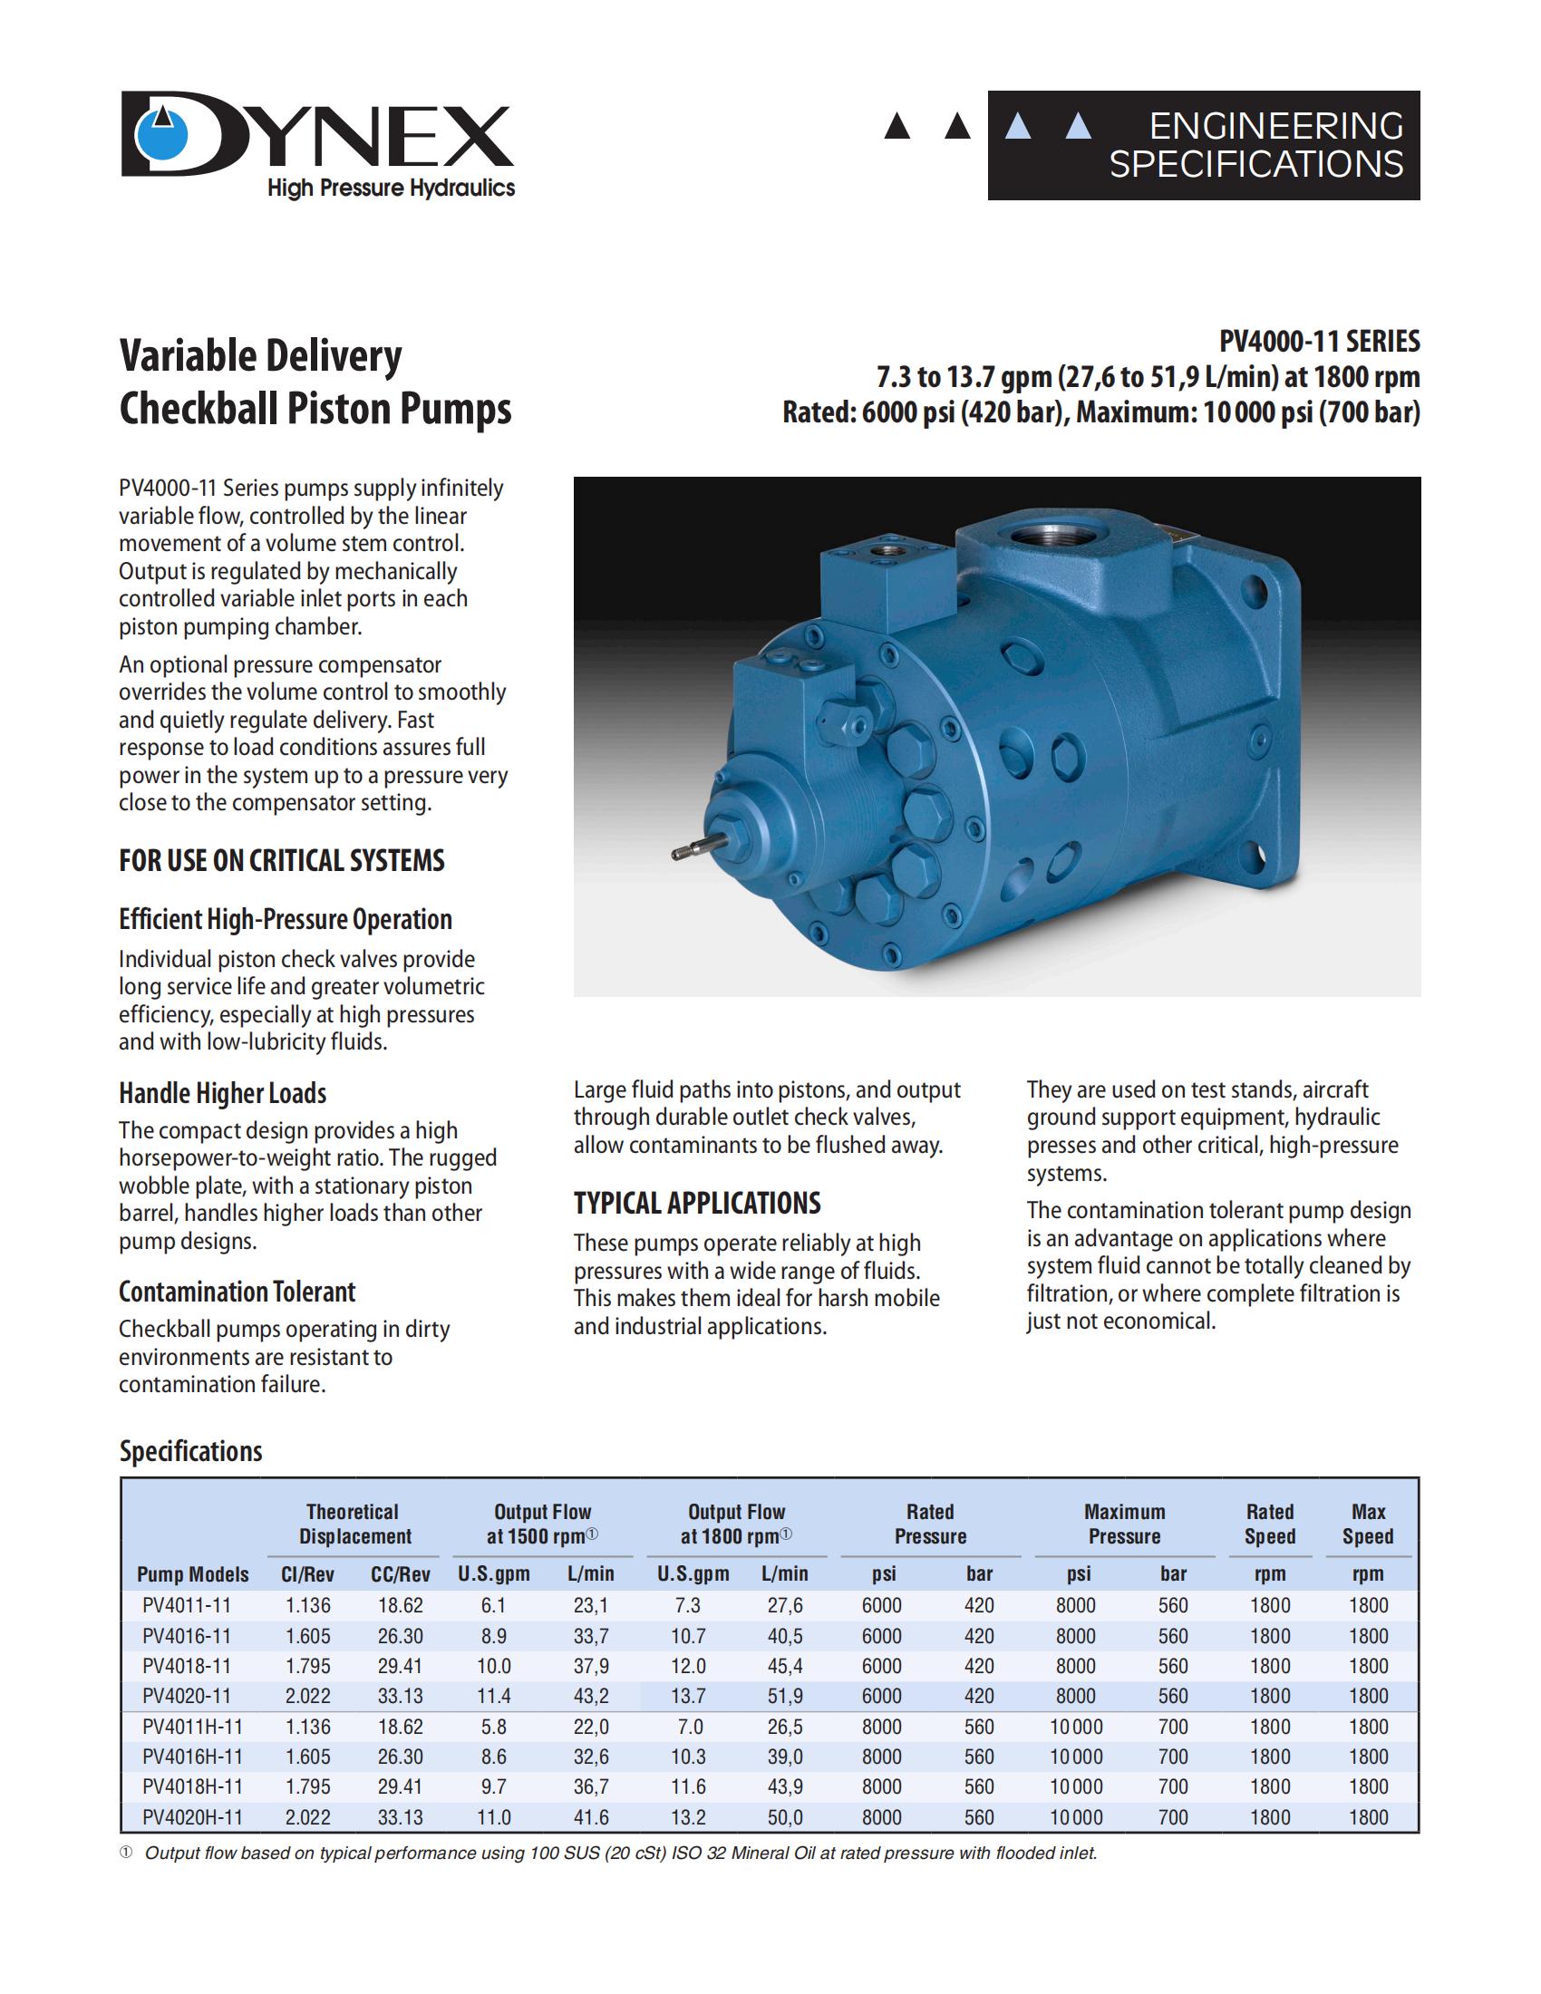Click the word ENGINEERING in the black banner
(1275, 126)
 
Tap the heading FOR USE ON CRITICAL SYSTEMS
(281, 860)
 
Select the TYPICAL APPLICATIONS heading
(696, 1204)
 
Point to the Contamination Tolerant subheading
(237, 1291)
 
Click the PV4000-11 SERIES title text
(1319, 342)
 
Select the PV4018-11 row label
(187, 1666)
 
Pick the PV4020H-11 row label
(192, 1817)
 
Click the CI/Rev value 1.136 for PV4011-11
(307, 1606)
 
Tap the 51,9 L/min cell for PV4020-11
(784, 1697)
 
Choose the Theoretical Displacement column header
(354, 1524)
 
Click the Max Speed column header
(1368, 1524)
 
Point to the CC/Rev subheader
(400, 1574)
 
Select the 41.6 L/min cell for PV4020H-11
(591, 1817)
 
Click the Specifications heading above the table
(190, 1452)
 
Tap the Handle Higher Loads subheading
(222, 1093)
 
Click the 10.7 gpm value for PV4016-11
(688, 1636)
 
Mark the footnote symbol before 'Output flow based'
(126, 1853)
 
